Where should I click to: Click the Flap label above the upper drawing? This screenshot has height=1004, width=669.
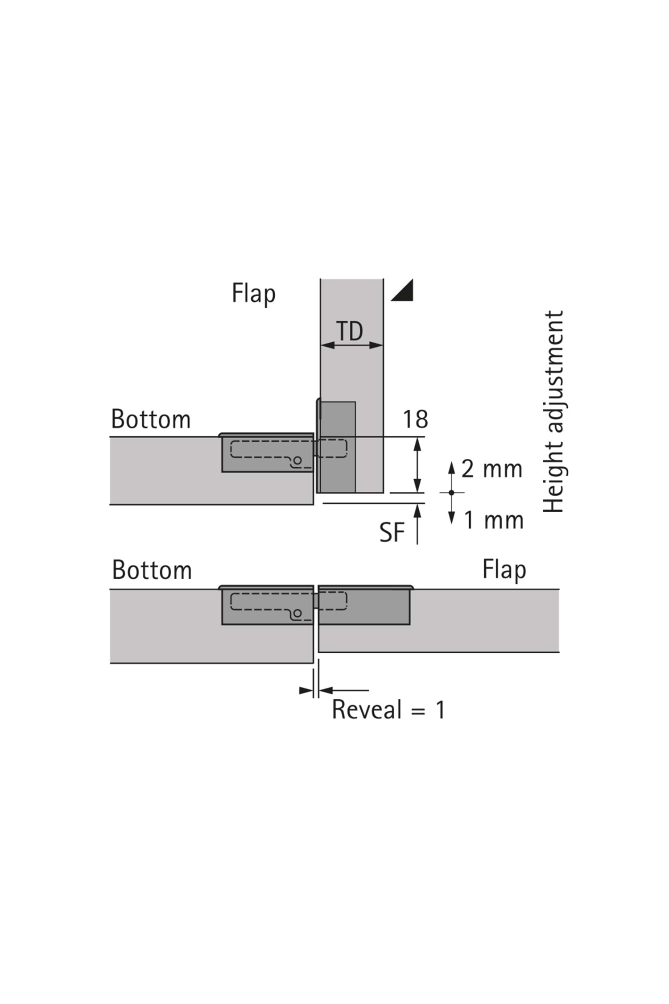point(253,294)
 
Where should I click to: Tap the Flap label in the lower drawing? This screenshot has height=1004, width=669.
point(504,570)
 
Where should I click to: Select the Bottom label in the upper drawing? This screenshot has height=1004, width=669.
point(151,419)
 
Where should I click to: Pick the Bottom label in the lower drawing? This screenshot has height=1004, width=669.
point(152,570)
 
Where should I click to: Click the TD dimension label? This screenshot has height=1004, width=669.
point(350,331)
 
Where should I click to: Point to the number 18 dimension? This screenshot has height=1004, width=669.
point(415,419)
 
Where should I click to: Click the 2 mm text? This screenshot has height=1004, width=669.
point(491,469)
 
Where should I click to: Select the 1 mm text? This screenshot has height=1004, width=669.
point(493,521)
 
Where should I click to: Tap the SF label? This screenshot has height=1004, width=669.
point(392,533)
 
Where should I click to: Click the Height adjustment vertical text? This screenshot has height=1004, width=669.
point(554,411)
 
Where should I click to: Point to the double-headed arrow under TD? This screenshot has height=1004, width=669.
point(352,345)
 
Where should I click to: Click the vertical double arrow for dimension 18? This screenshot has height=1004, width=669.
point(417,465)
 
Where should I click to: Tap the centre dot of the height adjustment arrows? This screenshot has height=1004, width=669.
point(451,493)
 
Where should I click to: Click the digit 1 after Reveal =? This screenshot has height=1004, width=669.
point(440,710)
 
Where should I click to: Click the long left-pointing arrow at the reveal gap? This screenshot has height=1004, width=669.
point(343,690)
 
